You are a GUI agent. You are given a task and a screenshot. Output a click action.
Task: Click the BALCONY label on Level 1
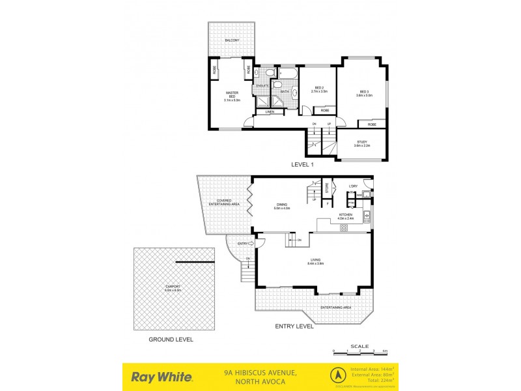click(232, 40)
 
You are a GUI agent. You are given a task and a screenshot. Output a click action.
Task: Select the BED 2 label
click(319, 89)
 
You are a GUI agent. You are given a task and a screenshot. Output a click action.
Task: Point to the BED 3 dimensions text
click(363, 95)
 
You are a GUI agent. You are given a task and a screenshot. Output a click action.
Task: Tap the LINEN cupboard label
click(270, 112)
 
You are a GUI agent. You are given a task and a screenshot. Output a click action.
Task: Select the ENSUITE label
click(262, 85)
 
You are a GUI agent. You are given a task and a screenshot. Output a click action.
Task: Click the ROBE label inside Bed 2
click(324, 111)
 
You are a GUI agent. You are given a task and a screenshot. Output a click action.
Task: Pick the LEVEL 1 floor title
click(302, 165)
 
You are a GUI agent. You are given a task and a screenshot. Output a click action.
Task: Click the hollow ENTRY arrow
click(252, 243)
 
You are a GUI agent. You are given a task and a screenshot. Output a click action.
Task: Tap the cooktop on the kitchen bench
click(344, 227)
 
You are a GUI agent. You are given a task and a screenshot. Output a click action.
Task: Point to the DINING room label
click(281, 205)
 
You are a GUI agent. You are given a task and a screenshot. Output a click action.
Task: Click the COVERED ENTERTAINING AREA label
click(224, 202)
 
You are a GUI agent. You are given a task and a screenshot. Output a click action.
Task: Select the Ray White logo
click(162, 376)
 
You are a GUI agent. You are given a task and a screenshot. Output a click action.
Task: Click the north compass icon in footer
click(337, 376)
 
